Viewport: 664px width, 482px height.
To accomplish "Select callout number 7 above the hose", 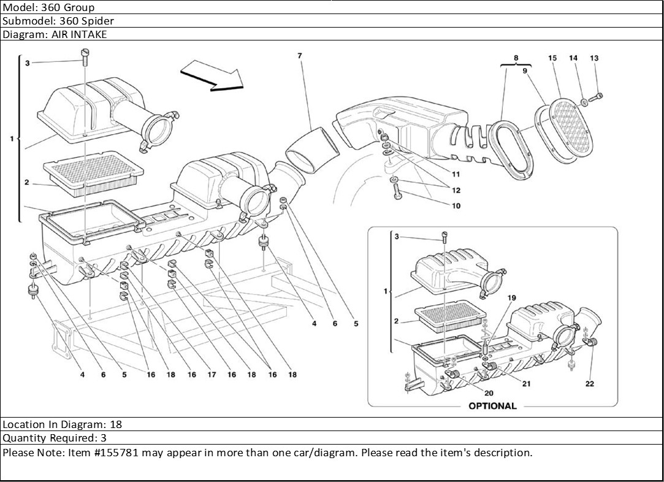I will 300,56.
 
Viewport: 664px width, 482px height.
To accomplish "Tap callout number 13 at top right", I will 594,58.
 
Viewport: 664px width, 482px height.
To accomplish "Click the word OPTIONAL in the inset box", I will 492,406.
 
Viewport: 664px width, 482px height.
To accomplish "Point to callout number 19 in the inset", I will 512,298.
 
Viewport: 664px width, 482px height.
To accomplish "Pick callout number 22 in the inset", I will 589,384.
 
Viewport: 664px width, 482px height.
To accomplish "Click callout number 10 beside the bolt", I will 456,206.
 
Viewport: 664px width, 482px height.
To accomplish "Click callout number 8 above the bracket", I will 516,58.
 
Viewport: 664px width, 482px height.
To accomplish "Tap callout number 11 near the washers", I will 456,174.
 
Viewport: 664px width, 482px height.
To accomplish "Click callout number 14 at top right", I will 573,58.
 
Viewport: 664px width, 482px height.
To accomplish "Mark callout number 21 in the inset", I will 526,384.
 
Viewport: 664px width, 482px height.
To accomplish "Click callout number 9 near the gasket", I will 525,71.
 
